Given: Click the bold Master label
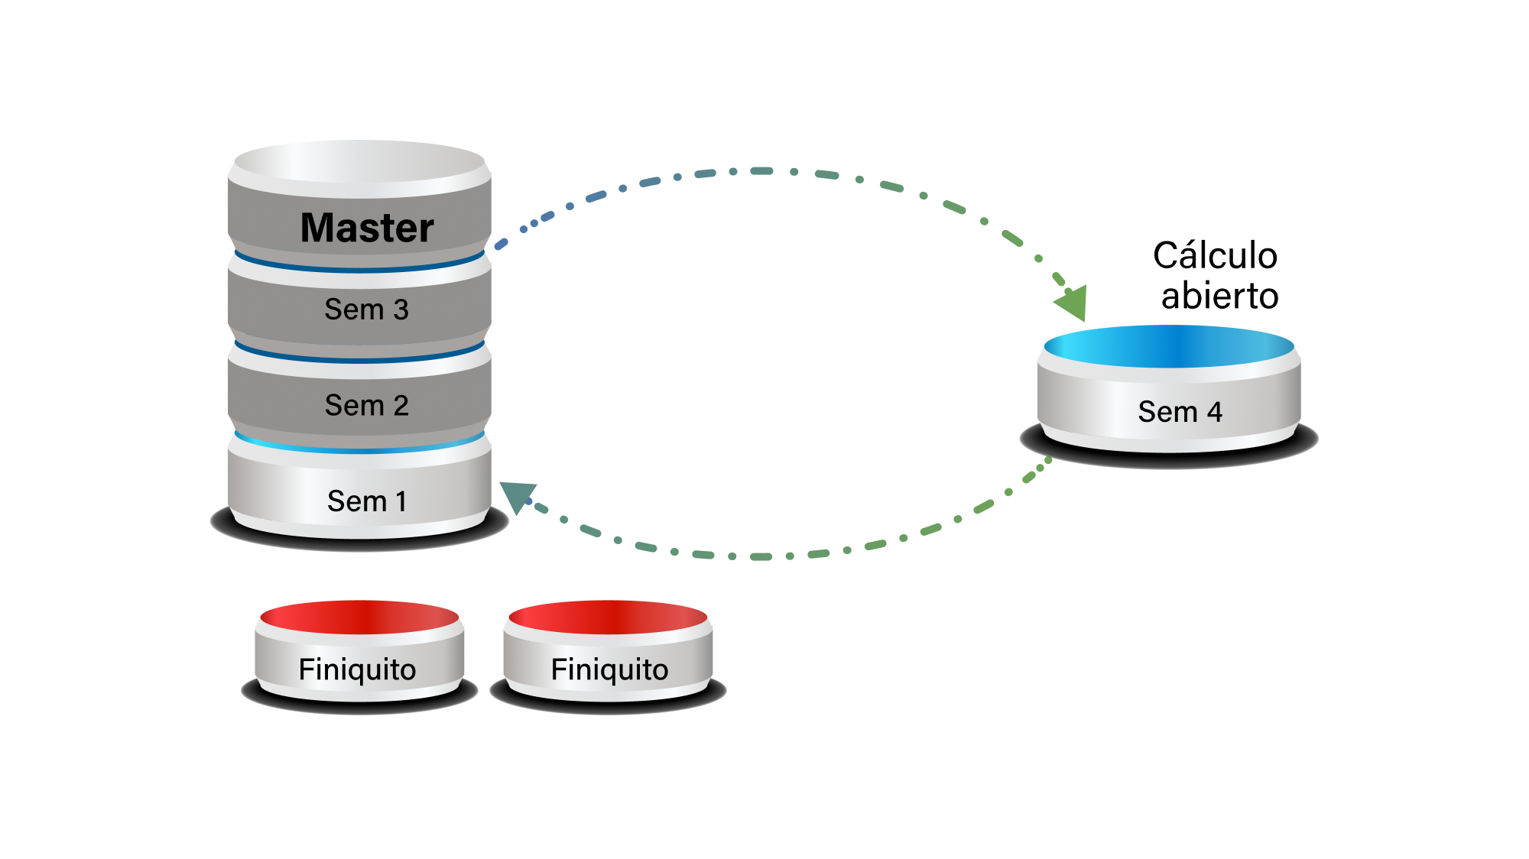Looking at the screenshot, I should tap(367, 228).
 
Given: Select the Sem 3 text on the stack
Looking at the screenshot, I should tap(366, 310).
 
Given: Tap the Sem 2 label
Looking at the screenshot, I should tap(366, 405).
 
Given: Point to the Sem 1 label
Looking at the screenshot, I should tap(366, 501).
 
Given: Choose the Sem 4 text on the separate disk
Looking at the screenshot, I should tap(1180, 412).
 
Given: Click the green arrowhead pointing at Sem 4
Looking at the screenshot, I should tap(1073, 302).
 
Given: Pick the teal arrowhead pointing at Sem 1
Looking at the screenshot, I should tap(517, 497).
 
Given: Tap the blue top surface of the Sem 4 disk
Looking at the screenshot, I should tap(1168, 346).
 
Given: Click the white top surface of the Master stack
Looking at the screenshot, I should tap(359, 161).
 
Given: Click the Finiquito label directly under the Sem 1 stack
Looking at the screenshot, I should tap(357, 669).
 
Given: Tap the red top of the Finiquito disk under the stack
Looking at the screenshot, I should tap(359, 617).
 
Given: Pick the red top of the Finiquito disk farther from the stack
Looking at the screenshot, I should tap(609, 617).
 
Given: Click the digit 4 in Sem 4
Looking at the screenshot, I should tap(1215, 412).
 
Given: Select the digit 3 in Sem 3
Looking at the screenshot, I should tap(401, 310).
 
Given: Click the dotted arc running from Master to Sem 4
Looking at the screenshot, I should tap(764, 171).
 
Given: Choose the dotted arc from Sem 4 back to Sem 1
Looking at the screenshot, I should tap(764, 556).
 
